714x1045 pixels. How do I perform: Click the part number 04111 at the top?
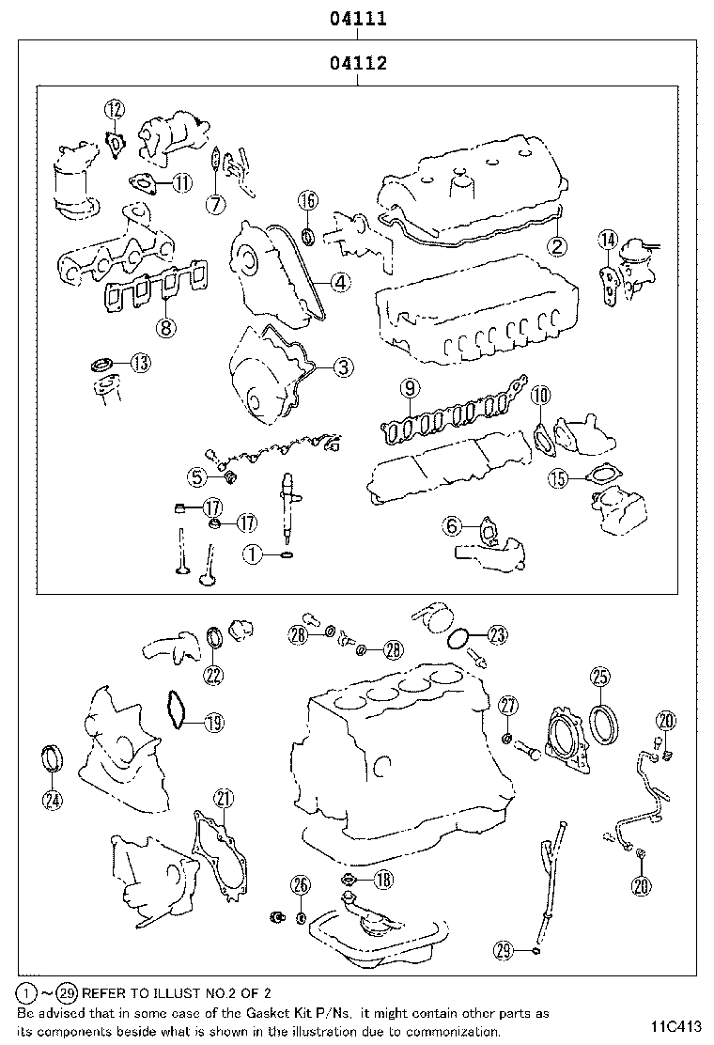coord(358,18)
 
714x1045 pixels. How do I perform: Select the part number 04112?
coord(358,64)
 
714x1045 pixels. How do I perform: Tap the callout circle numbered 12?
coord(115,110)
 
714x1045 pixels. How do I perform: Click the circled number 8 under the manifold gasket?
coord(165,327)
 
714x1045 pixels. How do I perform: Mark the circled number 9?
coord(408,387)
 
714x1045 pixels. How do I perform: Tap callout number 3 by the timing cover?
coord(344,367)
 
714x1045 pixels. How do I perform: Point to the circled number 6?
coord(454,527)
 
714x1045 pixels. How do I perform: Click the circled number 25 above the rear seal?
coord(600,676)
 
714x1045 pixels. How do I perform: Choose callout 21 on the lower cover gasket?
coord(222,798)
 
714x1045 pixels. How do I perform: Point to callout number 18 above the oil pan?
coord(383,880)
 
